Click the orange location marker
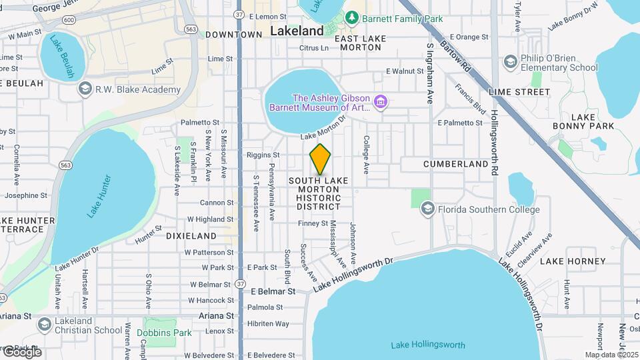click(x=321, y=159)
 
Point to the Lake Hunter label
click(x=99, y=197)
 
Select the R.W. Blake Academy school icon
click(x=85, y=89)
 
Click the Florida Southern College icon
click(x=427, y=209)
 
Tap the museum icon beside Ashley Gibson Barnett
click(x=381, y=101)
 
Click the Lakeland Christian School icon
click(x=45, y=325)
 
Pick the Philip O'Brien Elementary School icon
click(x=511, y=63)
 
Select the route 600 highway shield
click(x=69, y=21)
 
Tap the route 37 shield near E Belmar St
click(x=239, y=284)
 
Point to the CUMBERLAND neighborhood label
click(x=456, y=163)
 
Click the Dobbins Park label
click(x=164, y=333)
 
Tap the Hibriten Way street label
click(x=268, y=323)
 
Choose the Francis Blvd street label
click(x=470, y=97)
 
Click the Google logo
click(x=21, y=352)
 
